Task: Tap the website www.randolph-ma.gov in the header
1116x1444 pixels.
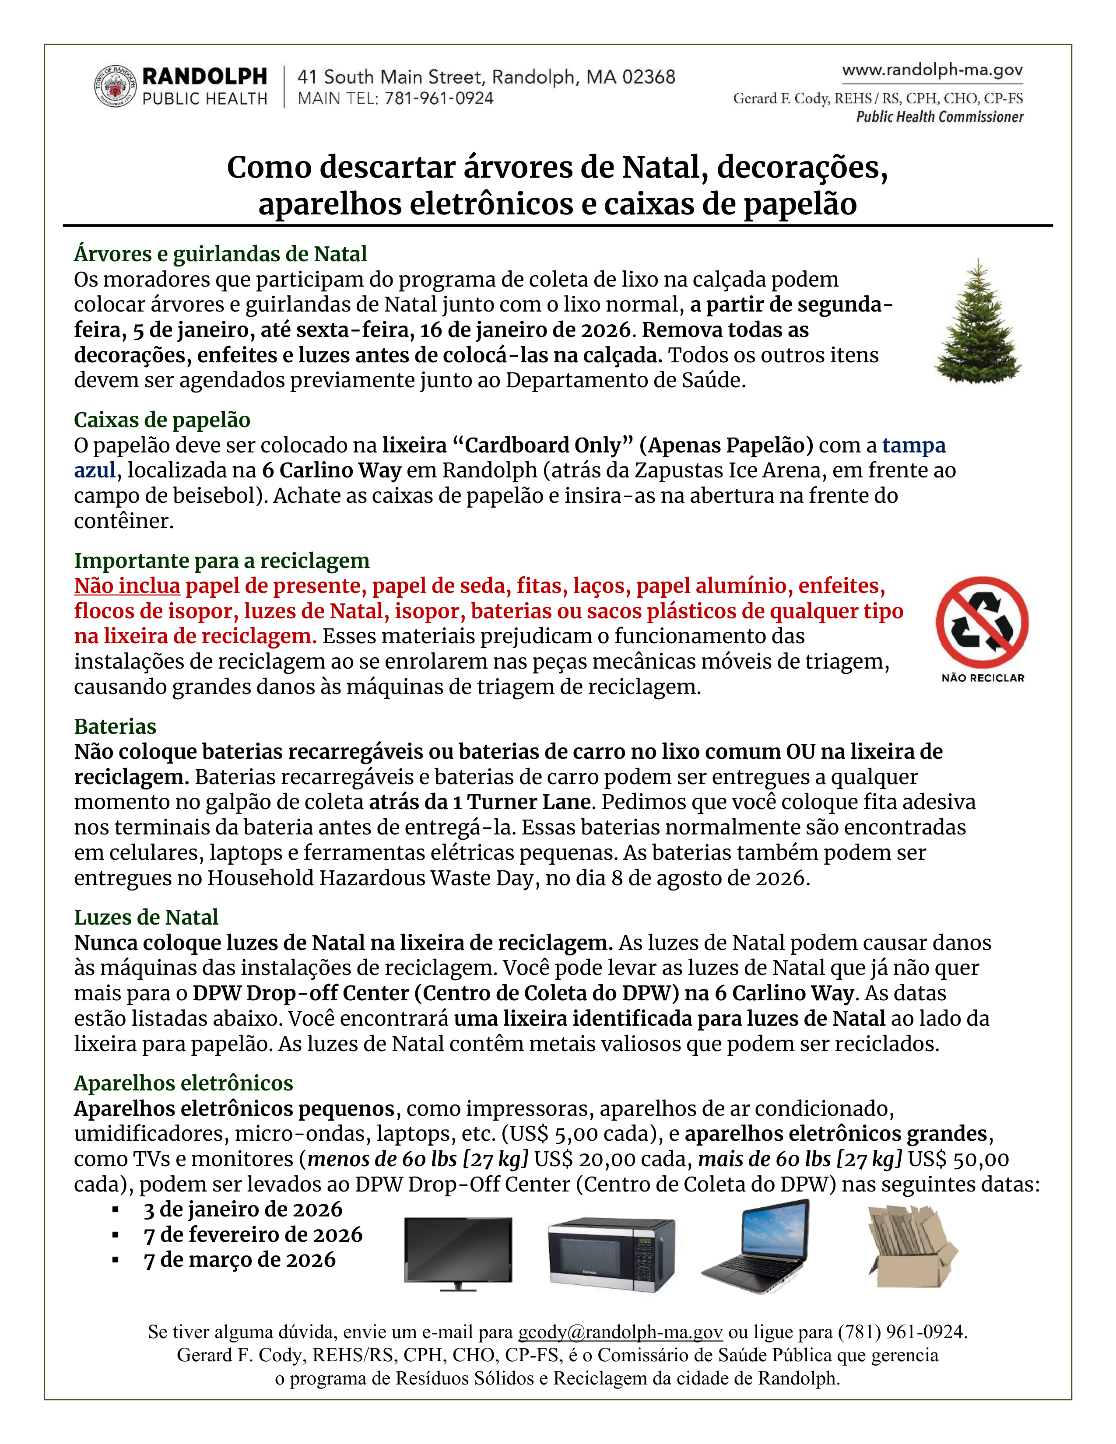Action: click(932, 70)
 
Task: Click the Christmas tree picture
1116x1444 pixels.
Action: click(977, 322)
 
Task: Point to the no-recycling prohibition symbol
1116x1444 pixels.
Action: click(982, 622)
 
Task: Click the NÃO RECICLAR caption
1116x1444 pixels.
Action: click(983, 678)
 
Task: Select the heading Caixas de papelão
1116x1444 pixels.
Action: click(162, 420)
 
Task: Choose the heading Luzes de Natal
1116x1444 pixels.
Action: click(146, 917)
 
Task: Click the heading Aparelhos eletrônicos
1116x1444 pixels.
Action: click(183, 1083)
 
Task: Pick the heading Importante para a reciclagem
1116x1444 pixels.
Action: click(221, 561)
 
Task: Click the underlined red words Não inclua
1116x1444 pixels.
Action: click(127, 586)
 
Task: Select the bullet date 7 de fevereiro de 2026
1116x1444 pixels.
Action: click(253, 1234)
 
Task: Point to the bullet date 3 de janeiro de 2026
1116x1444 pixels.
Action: click(242, 1209)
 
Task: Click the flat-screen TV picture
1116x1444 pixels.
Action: click(458, 1254)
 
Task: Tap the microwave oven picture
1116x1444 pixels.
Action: click(611, 1254)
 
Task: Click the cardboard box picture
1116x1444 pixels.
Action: click(912, 1246)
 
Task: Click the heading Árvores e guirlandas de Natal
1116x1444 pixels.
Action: click(220, 254)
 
